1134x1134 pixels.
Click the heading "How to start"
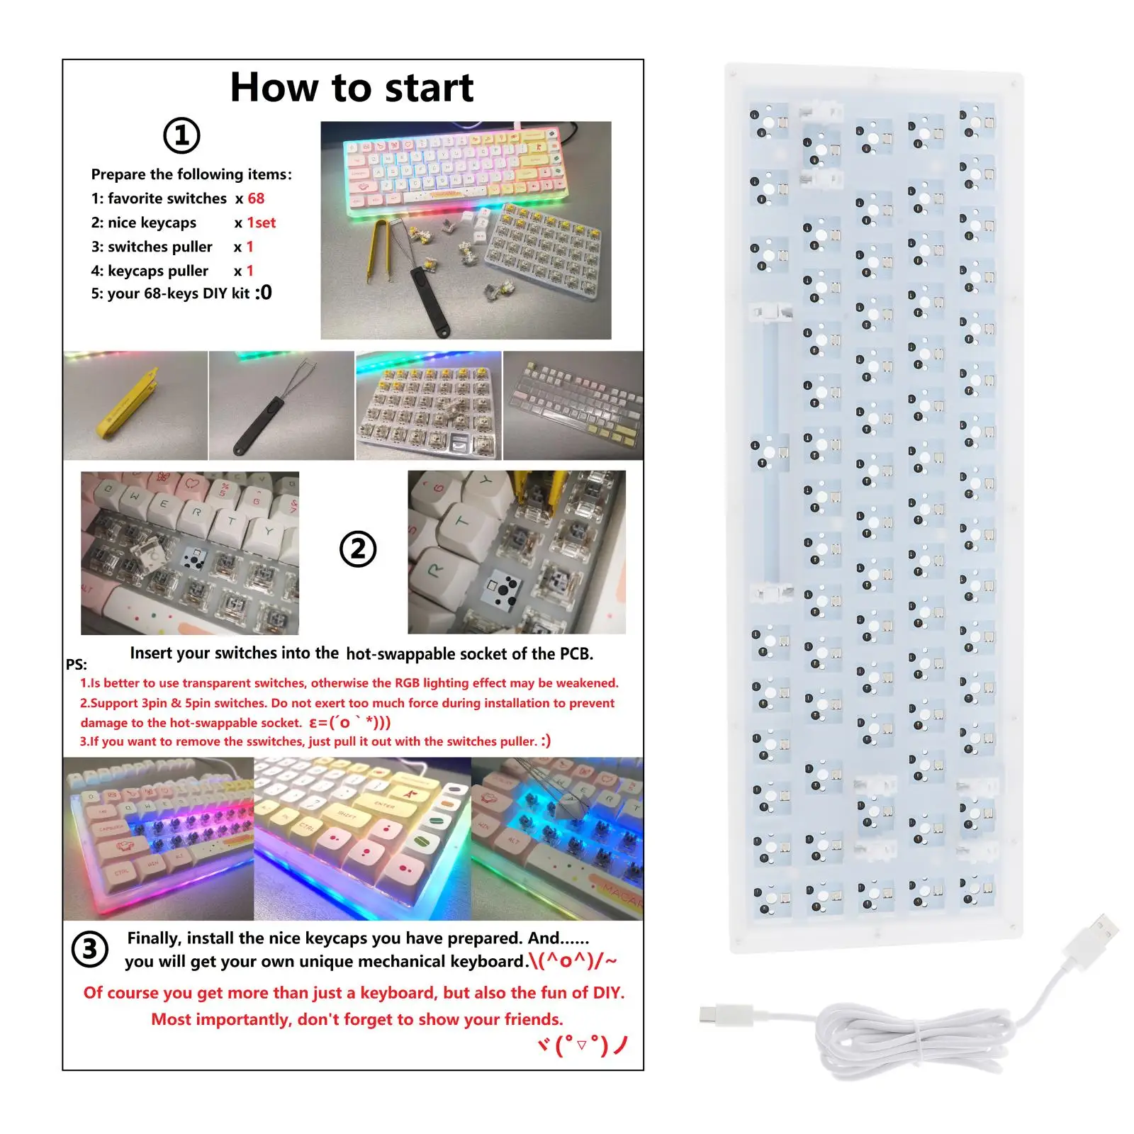click(352, 88)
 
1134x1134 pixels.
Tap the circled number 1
click(182, 135)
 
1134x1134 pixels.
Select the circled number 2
click(358, 549)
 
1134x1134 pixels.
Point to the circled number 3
click(90, 949)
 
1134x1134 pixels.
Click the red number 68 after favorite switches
click(256, 198)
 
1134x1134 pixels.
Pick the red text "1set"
click(262, 223)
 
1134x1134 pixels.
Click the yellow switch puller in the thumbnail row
click(135, 406)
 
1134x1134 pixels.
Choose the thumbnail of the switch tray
click(428, 406)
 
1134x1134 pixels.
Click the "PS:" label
click(77, 665)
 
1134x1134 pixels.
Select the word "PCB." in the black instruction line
click(576, 653)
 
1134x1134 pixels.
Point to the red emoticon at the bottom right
click(583, 1045)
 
